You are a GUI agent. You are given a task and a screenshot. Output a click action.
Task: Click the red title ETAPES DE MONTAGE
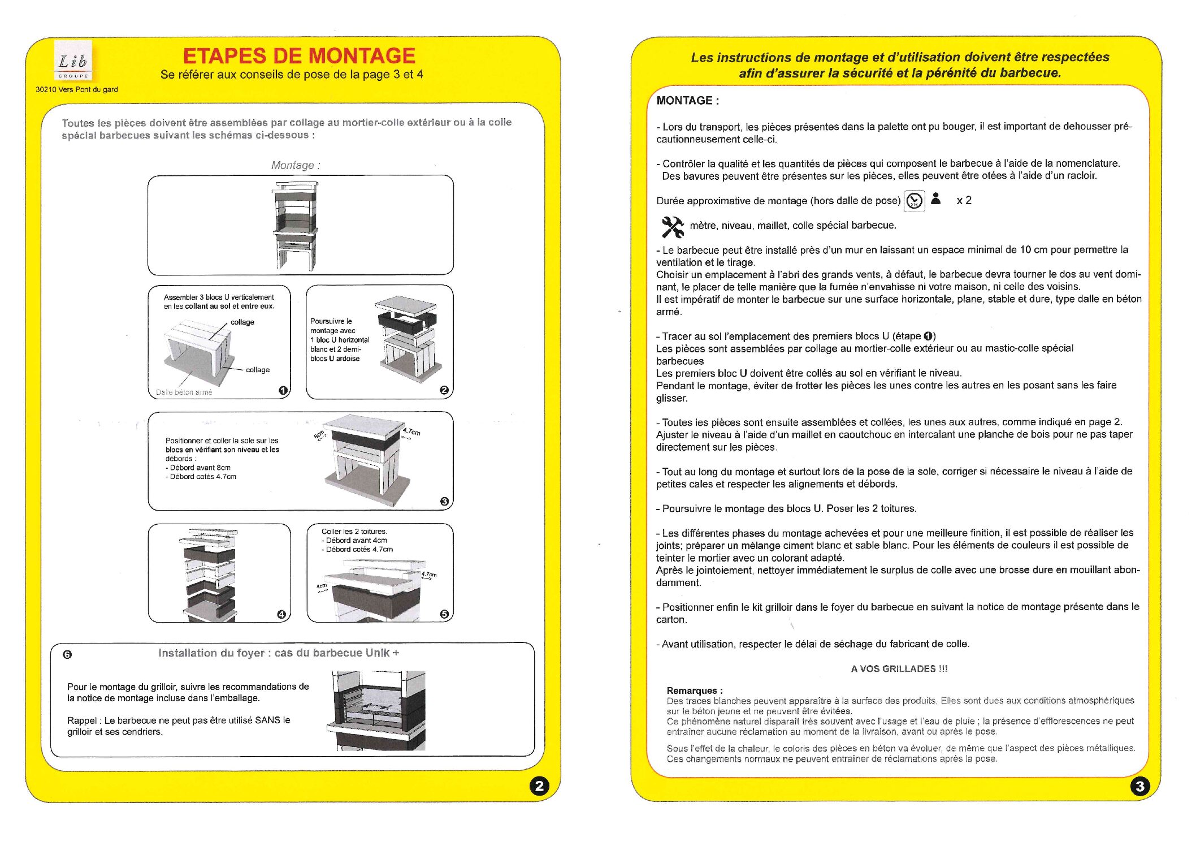(299, 56)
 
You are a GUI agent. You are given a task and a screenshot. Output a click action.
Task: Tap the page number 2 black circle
(539, 785)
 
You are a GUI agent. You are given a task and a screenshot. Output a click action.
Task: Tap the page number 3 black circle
(1140, 785)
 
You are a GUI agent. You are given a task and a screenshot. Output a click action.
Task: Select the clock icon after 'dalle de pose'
(914, 201)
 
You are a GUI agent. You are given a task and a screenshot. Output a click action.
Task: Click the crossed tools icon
(672, 227)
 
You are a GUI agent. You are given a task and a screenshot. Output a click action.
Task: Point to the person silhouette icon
(936, 198)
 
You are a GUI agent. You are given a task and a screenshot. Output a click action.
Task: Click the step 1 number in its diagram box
(283, 390)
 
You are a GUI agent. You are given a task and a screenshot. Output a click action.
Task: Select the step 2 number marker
(444, 390)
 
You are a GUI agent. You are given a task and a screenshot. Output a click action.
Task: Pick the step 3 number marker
(444, 502)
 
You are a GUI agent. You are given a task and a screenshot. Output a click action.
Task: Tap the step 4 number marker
(281, 615)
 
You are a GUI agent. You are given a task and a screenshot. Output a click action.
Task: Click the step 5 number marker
(444, 614)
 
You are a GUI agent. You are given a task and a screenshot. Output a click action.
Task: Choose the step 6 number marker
(67, 654)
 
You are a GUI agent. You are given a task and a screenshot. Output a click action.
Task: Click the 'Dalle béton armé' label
(184, 392)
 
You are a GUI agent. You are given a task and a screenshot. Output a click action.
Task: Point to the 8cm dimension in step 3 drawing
(320, 434)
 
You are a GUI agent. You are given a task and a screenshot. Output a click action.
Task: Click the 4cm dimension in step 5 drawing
(322, 586)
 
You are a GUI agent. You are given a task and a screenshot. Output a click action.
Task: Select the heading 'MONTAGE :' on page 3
(687, 101)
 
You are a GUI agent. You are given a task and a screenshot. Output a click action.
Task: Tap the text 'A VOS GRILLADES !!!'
(899, 668)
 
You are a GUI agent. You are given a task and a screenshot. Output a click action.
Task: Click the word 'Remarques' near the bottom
(692, 690)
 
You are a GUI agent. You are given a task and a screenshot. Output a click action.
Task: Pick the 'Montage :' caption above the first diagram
(296, 165)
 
